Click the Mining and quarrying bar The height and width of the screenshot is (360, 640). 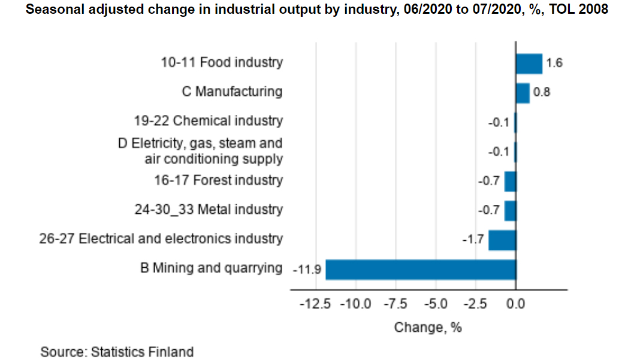420,270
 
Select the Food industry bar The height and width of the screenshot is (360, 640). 529,63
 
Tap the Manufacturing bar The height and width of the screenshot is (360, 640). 523,93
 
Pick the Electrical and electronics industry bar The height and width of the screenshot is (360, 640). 502,240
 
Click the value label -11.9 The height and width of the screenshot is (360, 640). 307,270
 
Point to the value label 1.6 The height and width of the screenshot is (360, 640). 555,63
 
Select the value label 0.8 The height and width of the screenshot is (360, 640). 542,93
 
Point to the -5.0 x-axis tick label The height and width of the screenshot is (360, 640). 436,304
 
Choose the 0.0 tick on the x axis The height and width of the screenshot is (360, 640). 515,304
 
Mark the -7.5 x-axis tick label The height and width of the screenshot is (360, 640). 396,304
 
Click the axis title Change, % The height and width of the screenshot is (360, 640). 428,328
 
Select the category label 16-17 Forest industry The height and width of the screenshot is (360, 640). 218,180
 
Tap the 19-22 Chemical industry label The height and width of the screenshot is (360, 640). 208,121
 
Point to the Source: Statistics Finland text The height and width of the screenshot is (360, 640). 117,352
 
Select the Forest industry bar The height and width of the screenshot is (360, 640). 510,181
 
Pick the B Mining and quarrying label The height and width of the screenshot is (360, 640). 210,268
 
